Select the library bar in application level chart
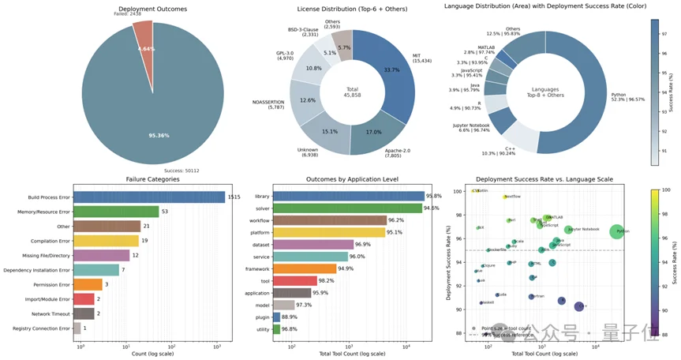point(347,196)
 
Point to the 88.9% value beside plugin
point(291,317)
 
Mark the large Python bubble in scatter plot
point(616,231)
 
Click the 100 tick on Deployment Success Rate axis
point(465,190)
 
